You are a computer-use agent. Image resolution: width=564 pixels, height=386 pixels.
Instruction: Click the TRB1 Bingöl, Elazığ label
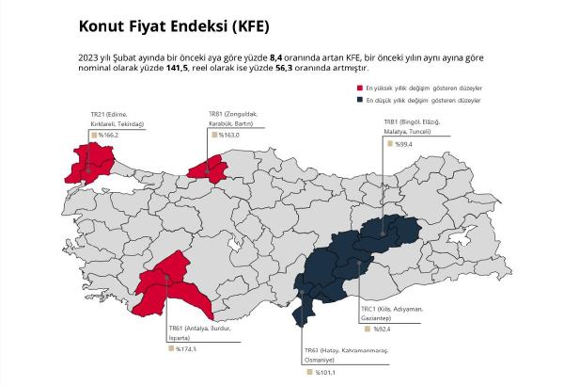coord(411,127)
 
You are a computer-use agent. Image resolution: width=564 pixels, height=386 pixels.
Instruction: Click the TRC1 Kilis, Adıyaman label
coord(393,314)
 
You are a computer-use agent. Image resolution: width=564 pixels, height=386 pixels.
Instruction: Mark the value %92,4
coord(381,330)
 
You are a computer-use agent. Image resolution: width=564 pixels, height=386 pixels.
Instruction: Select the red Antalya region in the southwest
coord(174,287)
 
